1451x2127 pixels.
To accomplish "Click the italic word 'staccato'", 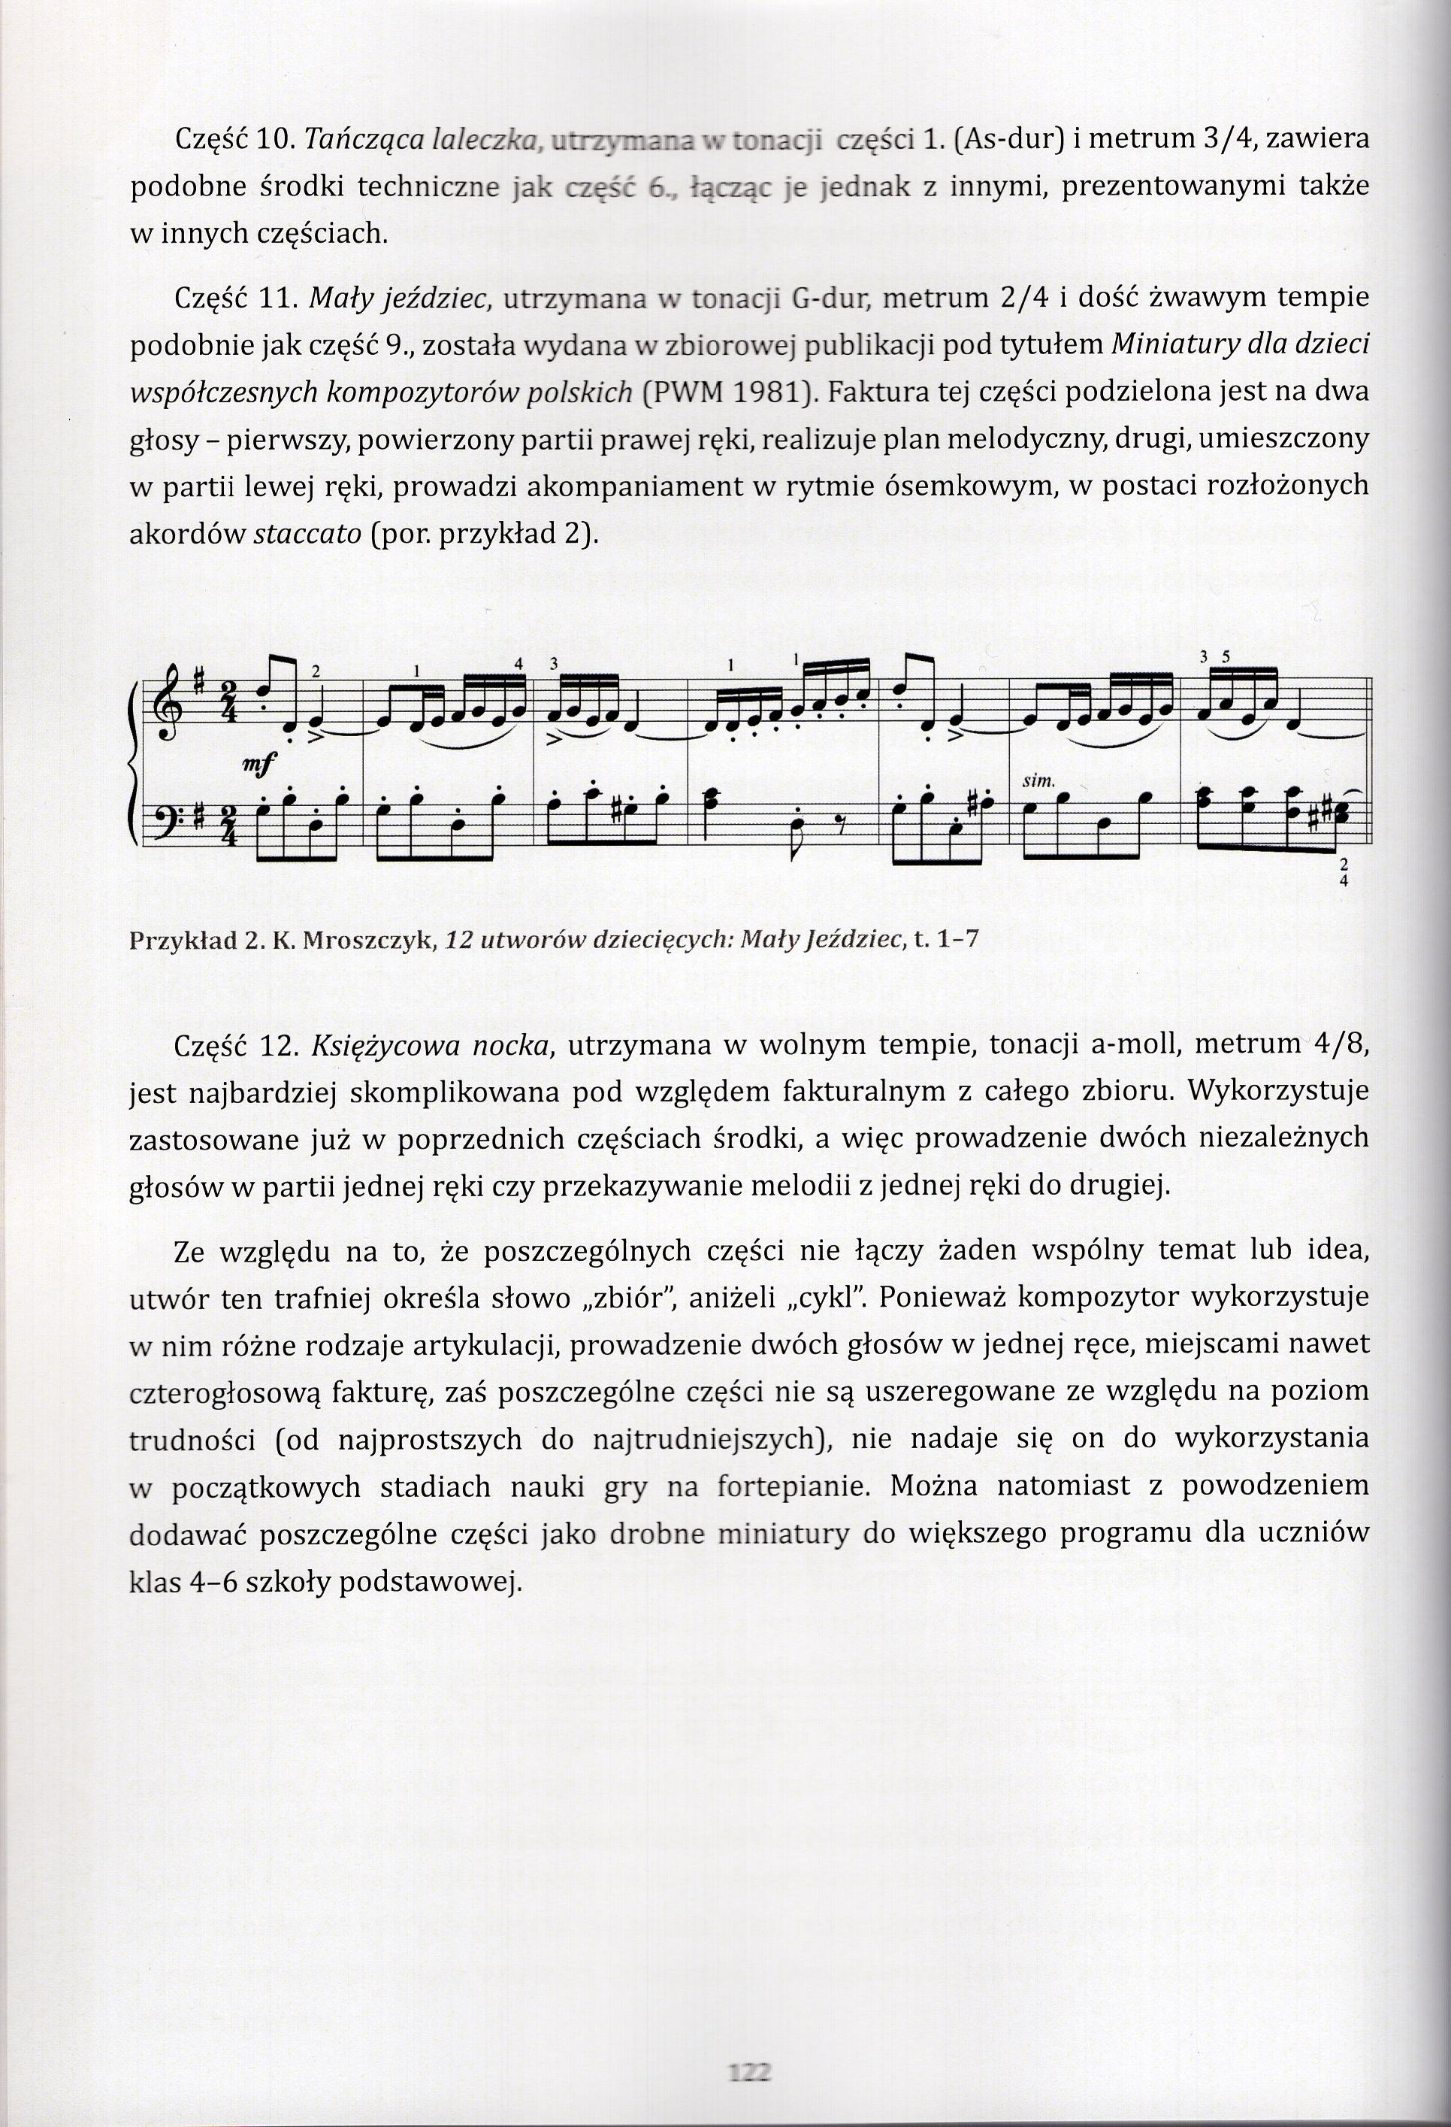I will coord(307,534).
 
